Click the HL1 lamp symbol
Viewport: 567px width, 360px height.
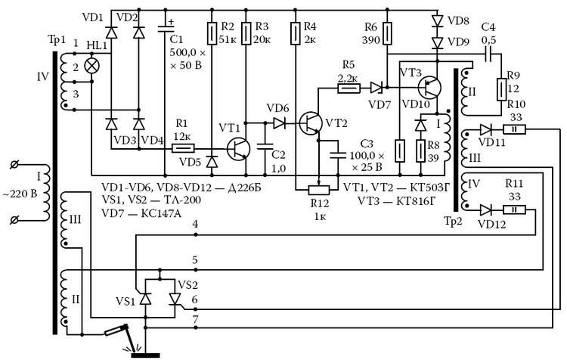(91, 67)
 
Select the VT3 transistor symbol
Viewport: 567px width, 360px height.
(429, 88)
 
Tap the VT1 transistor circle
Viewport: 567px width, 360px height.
(239, 149)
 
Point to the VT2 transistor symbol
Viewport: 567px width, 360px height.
(311, 123)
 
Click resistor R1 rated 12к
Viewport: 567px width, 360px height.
(183, 148)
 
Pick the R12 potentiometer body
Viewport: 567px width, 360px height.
(319, 190)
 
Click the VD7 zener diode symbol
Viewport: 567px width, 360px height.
(376, 88)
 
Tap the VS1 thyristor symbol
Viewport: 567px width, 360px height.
(145, 299)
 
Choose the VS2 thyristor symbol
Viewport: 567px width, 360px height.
(175, 299)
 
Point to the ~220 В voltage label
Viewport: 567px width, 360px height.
(20, 194)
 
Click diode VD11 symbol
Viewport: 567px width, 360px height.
(485, 129)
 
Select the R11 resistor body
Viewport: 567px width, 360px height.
(514, 209)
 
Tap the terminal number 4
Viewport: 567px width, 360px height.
(195, 225)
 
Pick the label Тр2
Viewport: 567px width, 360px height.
(453, 221)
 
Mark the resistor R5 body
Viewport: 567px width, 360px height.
(349, 88)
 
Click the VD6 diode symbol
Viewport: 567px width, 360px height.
(279, 123)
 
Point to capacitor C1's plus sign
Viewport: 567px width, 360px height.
(170, 22)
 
